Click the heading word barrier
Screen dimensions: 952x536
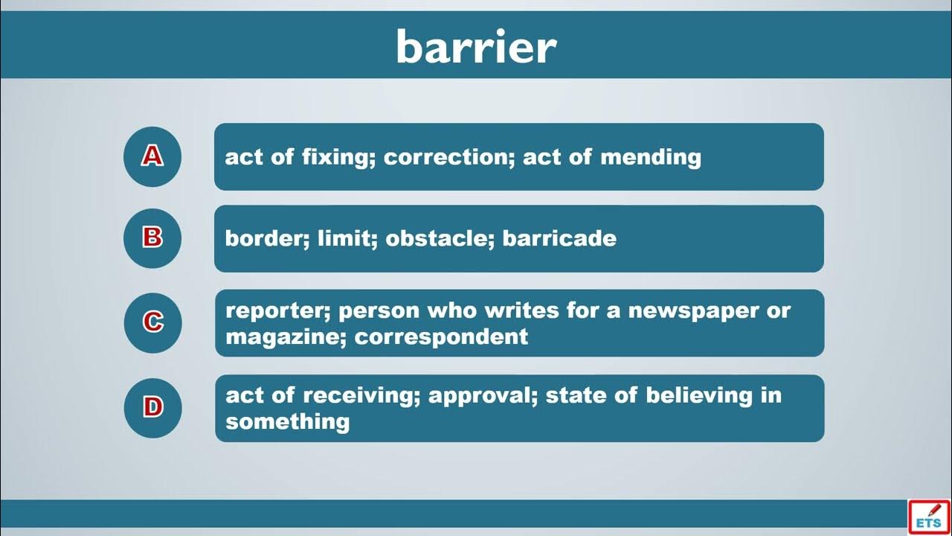point(476,47)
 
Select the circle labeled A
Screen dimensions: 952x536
point(152,156)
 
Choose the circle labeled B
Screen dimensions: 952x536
point(152,238)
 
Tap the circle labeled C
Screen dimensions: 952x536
point(153,323)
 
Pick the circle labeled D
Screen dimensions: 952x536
point(153,408)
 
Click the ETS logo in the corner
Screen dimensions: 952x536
point(929,517)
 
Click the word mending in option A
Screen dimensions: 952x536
point(650,157)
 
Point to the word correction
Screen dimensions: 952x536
point(447,157)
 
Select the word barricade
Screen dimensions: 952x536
point(559,238)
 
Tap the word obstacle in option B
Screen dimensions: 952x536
point(438,238)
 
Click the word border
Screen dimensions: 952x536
point(266,238)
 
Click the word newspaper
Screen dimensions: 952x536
point(694,311)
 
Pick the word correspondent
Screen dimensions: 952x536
point(441,338)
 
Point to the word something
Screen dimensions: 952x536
point(288,422)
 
